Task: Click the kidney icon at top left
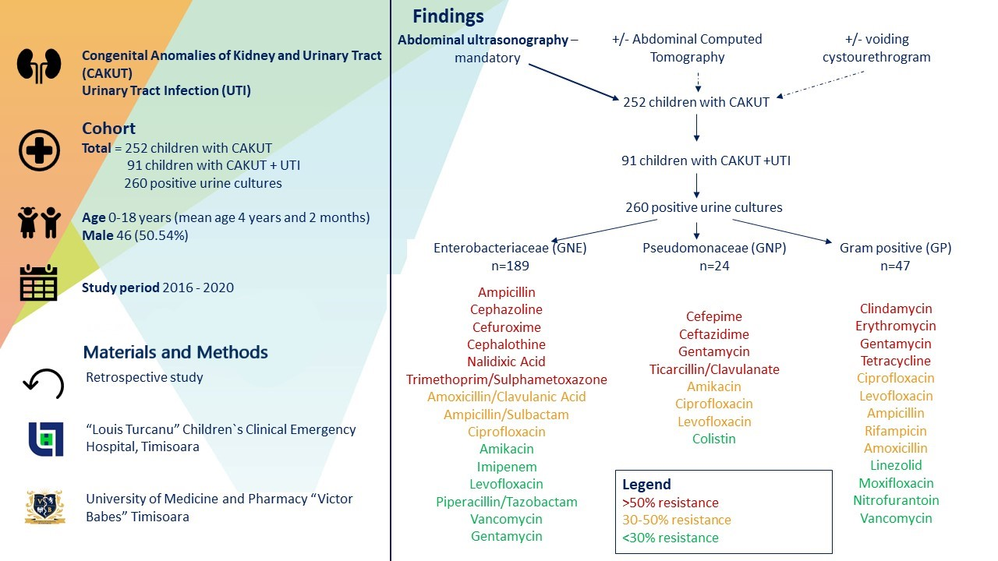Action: click(39, 65)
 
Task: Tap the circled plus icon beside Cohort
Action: click(39, 150)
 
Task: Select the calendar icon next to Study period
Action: click(39, 283)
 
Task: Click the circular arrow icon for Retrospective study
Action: click(43, 381)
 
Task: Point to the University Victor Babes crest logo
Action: click(44, 506)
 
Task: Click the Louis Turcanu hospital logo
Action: click(45, 439)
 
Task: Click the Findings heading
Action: click(448, 16)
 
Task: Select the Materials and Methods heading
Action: click(175, 352)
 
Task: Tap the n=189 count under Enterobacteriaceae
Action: click(510, 266)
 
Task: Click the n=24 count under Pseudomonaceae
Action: click(714, 266)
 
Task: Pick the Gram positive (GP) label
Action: click(895, 249)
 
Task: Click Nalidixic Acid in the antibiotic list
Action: click(506, 362)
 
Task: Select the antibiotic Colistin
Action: click(713, 439)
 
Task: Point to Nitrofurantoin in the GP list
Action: click(896, 500)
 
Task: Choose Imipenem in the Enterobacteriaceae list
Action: click(506, 467)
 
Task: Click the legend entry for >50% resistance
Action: click(670, 503)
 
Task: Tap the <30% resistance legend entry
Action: click(670, 538)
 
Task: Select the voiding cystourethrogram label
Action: click(876, 48)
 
